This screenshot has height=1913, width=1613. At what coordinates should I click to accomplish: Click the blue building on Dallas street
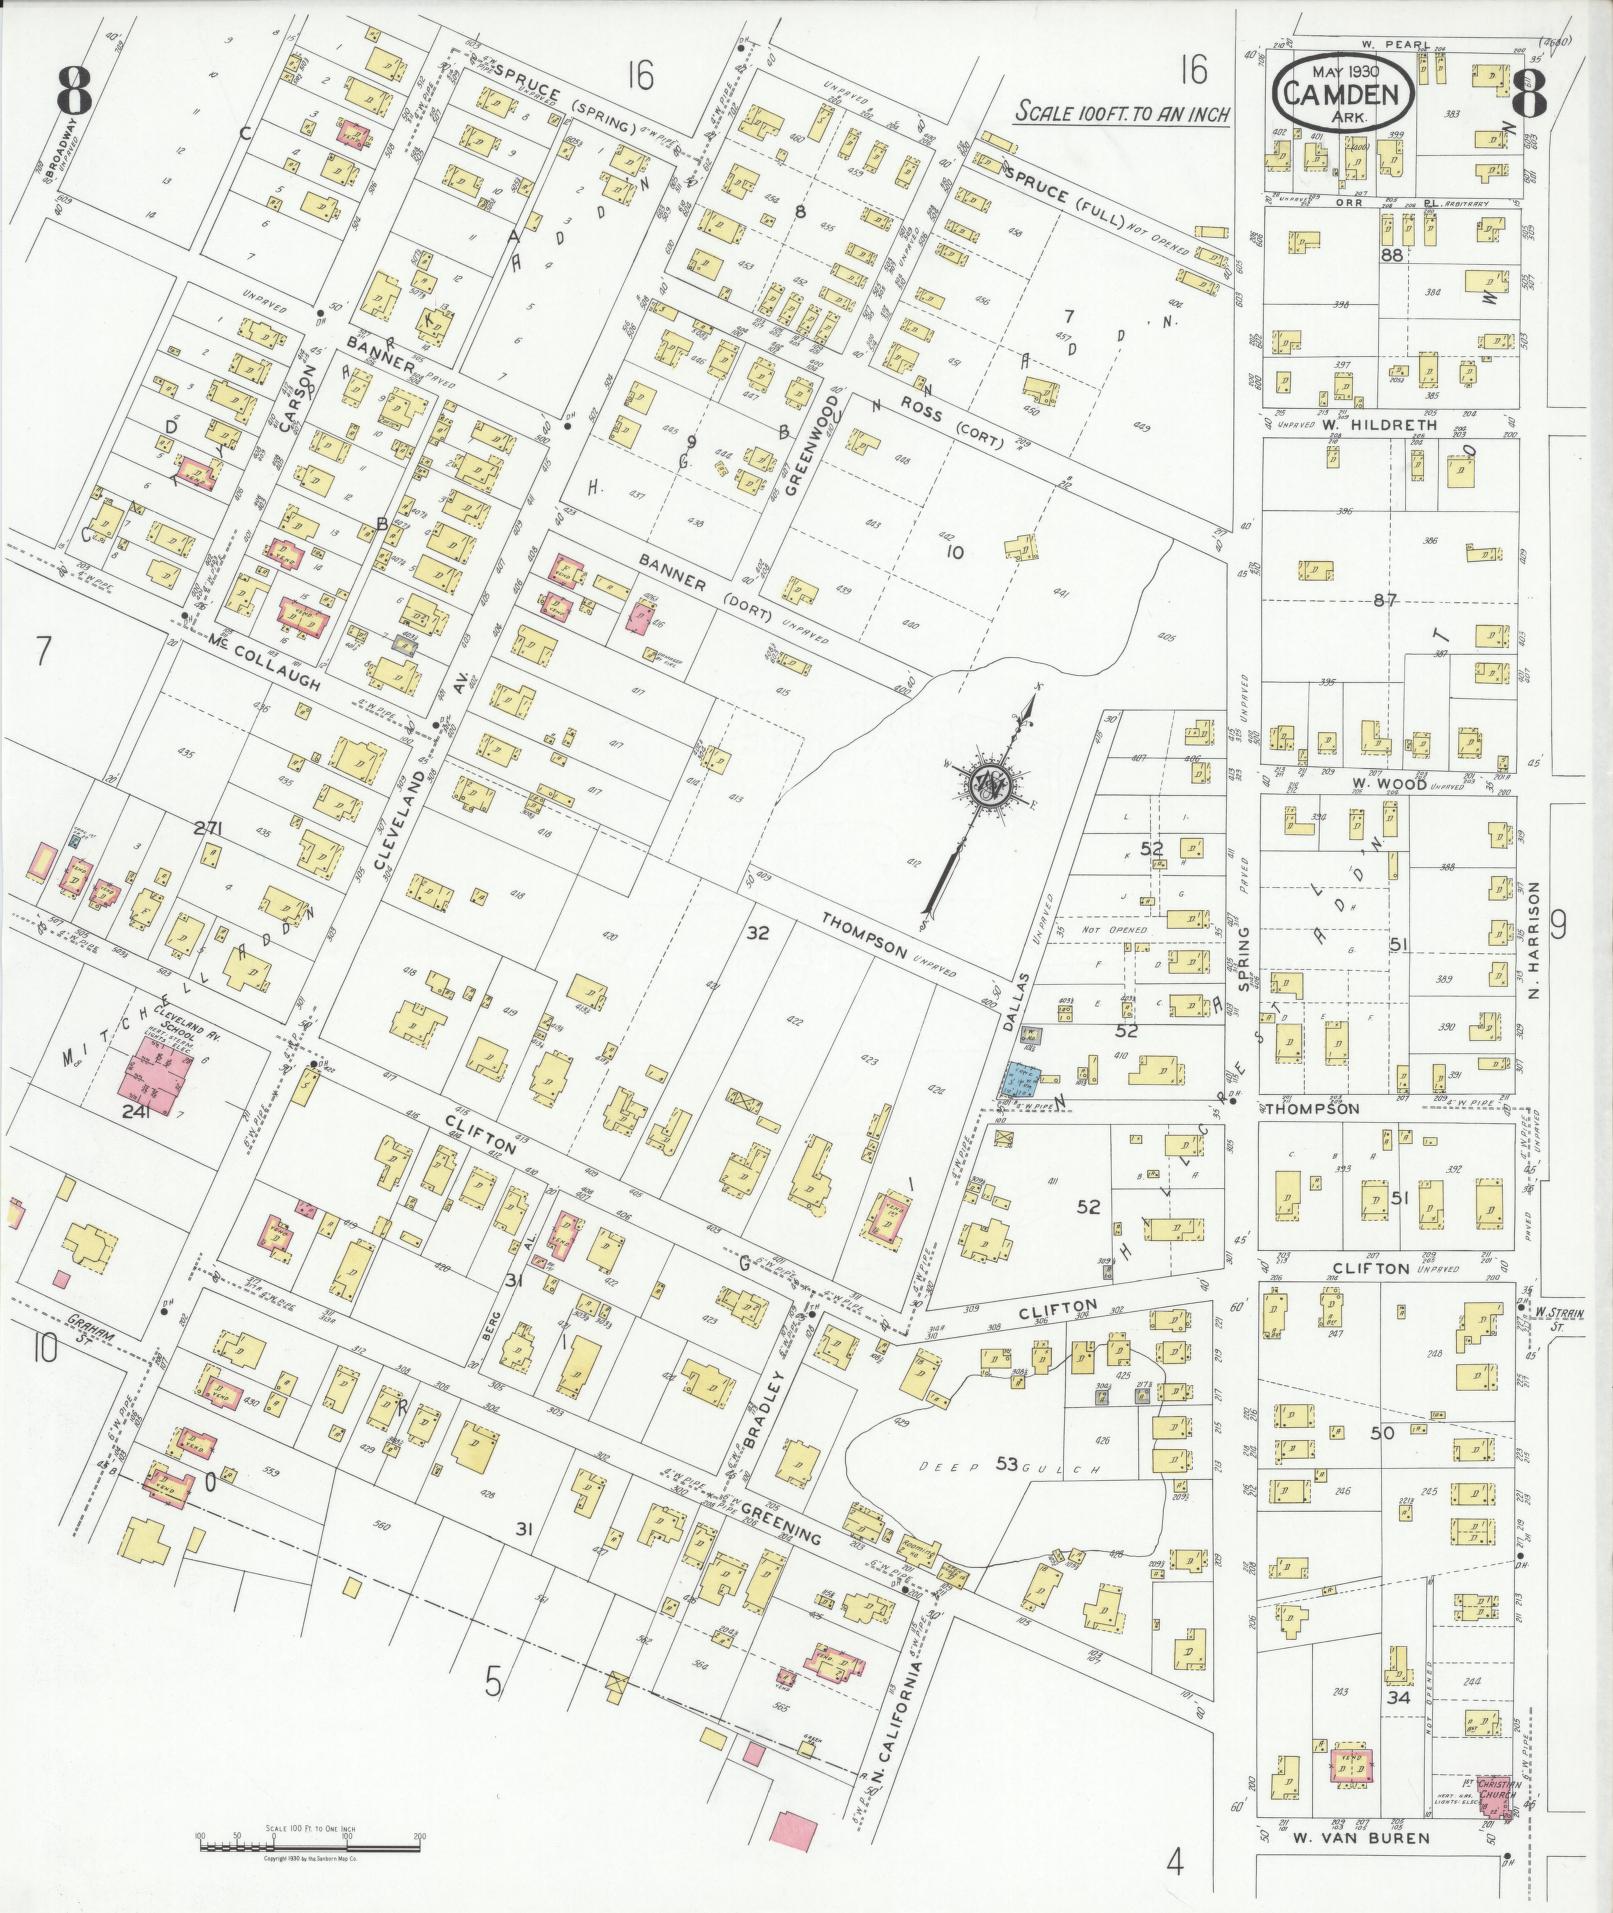pyautogui.click(x=1021, y=1079)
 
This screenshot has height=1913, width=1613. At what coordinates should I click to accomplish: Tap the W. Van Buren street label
pyautogui.click(x=1345, y=1837)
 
